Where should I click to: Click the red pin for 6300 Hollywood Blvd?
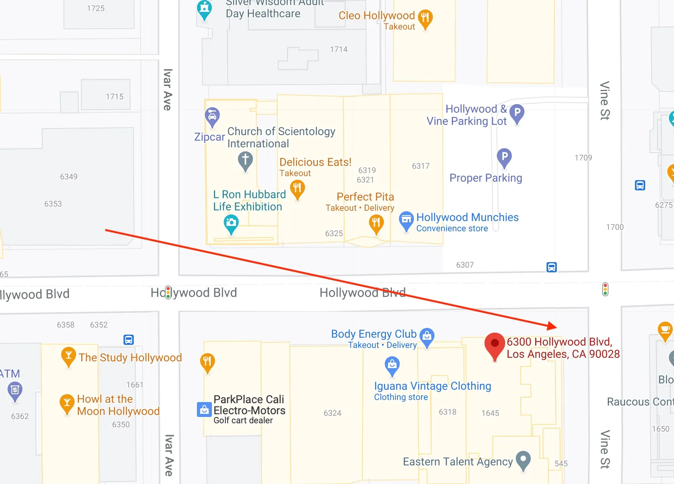tap(494, 344)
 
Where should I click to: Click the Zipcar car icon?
tap(212, 115)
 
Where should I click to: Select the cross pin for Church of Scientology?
tap(245, 160)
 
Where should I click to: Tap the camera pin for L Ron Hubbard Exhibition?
tap(231, 223)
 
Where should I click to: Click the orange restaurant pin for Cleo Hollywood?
tap(425, 18)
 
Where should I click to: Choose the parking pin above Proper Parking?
tap(504, 156)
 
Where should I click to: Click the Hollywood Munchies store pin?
tap(406, 220)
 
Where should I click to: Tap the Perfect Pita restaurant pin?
tap(376, 223)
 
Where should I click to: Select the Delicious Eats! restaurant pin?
tap(298, 188)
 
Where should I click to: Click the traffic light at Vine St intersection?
tap(605, 289)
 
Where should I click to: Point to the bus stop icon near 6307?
tap(551, 267)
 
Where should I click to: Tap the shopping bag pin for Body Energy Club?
tap(427, 336)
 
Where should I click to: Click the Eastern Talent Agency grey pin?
tap(523, 459)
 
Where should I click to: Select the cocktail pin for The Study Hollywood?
tap(68, 355)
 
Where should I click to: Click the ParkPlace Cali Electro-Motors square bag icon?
tap(204, 410)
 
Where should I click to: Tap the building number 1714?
tap(339, 49)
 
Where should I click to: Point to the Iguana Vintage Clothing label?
tap(432, 386)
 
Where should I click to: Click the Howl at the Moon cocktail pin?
tap(67, 402)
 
